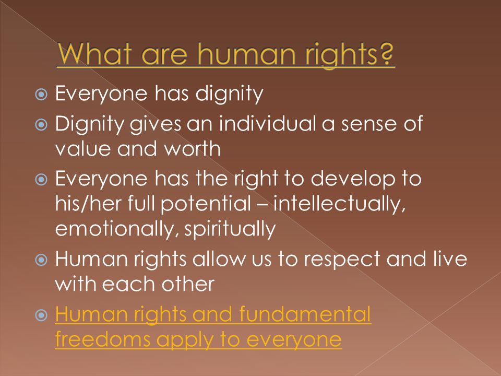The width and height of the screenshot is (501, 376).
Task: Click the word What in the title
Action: pos(94,53)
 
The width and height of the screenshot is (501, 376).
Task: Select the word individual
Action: pos(267,123)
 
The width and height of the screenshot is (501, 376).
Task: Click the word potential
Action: pos(206,204)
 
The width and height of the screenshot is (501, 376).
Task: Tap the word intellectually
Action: pos(339,204)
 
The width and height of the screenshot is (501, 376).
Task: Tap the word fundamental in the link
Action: pos(305,314)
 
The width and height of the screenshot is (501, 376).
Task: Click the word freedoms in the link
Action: pos(103,339)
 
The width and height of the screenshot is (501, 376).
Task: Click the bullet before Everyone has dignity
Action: pos(41,95)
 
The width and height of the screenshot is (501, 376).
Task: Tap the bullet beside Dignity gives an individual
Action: pos(41,124)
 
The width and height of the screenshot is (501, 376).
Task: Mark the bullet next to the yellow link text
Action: pos(41,316)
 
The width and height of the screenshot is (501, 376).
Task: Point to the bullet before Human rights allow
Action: pos(41,260)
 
